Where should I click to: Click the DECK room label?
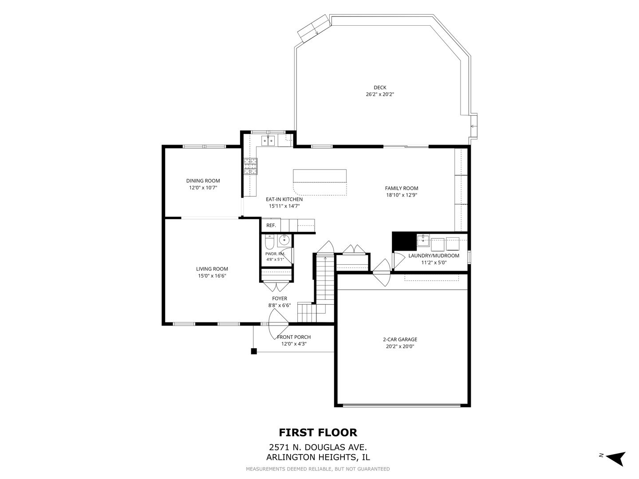[x=380, y=87]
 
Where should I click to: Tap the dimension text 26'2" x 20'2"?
[x=380, y=94]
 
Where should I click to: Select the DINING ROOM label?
[x=203, y=181]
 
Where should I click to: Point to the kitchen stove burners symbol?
[x=250, y=166]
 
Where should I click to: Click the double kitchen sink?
[x=268, y=141]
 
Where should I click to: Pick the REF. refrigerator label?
[x=271, y=225]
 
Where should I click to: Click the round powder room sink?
[x=284, y=240]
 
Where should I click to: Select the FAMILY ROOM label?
[x=402, y=188]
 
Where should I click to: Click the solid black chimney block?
[x=404, y=241]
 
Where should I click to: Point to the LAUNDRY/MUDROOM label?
[x=434, y=255]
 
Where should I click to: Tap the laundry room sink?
[x=423, y=240]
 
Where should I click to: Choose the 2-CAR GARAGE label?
[x=400, y=339]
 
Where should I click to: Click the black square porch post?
[x=254, y=351]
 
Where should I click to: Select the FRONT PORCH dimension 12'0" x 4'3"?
[x=294, y=344]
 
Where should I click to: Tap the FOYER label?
[x=280, y=298]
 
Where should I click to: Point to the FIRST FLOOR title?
[x=318, y=432]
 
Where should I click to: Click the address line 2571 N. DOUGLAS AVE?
[x=318, y=447]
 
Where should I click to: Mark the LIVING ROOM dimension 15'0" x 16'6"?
[x=212, y=276]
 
